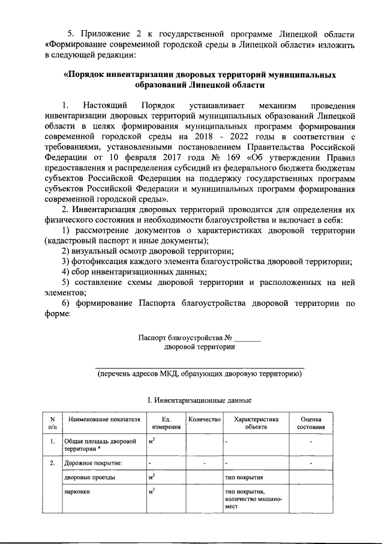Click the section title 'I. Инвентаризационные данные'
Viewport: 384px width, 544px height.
tap(200, 400)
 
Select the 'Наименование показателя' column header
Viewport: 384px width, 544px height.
tap(104, 419)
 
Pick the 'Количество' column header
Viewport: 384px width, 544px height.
tap(205, 419)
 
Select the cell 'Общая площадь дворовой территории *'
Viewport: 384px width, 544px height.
tap(100, 445)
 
